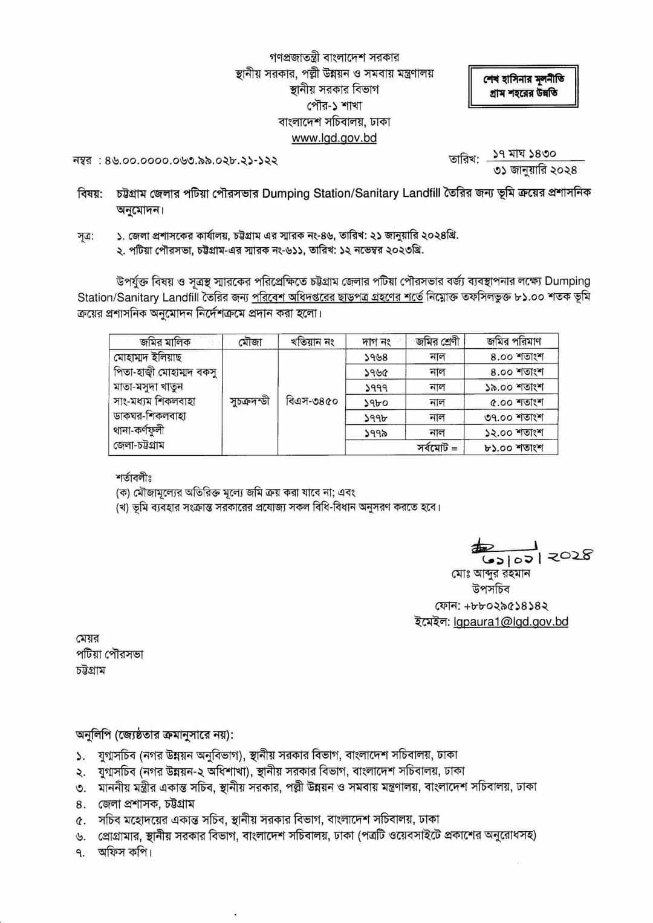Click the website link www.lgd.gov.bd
tap(334, 138)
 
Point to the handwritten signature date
tap(532, 554)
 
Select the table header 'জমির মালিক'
tap(165, 342)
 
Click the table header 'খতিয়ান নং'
tap(311, 342)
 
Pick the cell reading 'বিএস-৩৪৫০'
tap(311, 401)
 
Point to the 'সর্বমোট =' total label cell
tap(437, 448)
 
